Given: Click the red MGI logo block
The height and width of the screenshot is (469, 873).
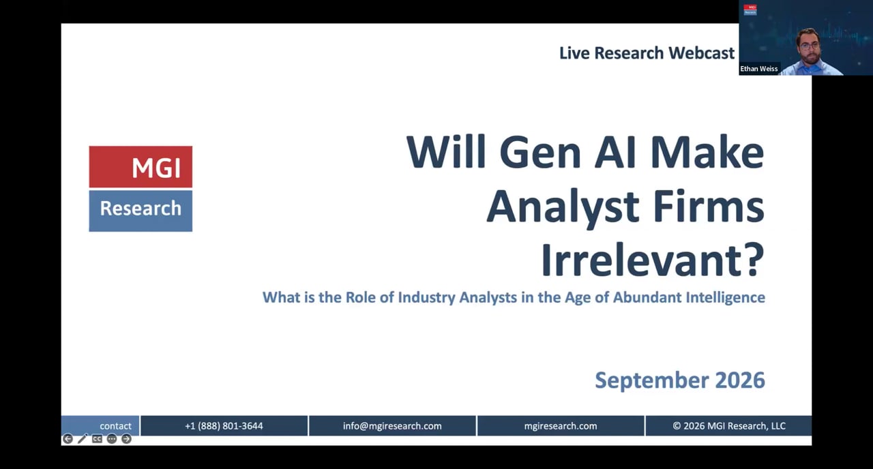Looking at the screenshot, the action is (x=140, y=167).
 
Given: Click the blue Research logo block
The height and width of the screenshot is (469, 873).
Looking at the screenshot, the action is (x=140, y=211).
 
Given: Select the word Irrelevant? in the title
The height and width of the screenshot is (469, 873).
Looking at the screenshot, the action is (x=653, y=260).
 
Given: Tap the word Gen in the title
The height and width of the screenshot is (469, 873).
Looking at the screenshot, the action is (x=541, y=152).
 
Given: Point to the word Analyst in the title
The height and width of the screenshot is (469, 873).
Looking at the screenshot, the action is (x=563, y=207).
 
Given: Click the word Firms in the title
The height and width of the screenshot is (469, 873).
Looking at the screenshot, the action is (x=709, y=206).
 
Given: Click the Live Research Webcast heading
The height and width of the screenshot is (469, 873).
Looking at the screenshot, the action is (x=647, y=53).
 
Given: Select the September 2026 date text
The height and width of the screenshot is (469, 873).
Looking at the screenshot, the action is (x=680, y=380).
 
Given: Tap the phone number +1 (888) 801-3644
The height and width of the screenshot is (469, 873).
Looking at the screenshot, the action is (x=224, y=426).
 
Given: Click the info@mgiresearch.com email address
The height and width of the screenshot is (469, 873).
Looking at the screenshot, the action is (x=392, y=426).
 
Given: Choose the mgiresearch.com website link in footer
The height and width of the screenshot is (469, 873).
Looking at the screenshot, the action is (x=561, y=426).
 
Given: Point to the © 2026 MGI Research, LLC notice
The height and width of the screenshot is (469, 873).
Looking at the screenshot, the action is (x=729, y=426).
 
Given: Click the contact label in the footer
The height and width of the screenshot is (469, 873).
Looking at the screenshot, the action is (x=115, y=426).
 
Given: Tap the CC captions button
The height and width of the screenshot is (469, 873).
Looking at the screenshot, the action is (x=97, y=439).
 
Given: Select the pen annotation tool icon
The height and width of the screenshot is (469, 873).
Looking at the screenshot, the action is (x=83, y=439).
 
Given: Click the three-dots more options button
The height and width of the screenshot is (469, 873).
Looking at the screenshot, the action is (x=112, y=439).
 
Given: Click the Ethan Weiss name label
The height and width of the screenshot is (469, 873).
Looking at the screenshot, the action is (x=759, y=69).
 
